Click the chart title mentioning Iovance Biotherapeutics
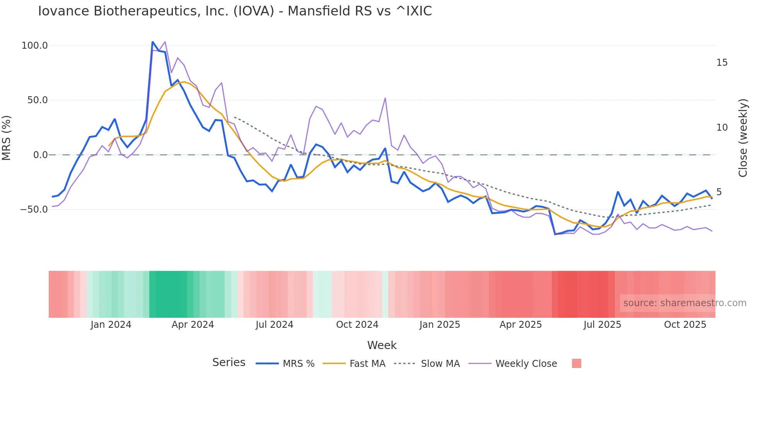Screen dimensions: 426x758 tap(235, 11)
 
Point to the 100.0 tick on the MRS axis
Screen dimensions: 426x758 tap(34, 46)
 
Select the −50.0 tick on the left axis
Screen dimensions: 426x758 tap(34, 210)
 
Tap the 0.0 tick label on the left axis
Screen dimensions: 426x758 tap(40, 155)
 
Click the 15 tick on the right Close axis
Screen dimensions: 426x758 tap(722, 63)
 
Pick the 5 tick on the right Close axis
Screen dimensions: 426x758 tap(719, 192)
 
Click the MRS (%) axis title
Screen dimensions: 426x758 tap(7, 138)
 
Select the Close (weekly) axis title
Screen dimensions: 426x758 tap(743, 138)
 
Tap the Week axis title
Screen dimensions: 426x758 tap(382, 345)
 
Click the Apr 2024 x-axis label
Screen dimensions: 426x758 tap(193, 325)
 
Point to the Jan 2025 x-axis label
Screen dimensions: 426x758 tap(440, 325)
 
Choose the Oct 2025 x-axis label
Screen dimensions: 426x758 tap(685, 325)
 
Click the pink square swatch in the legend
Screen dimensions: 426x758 tap(576, 363)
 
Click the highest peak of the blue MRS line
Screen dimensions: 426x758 tap(153, 42)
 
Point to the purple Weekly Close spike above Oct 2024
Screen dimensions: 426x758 tap(385, 98)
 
